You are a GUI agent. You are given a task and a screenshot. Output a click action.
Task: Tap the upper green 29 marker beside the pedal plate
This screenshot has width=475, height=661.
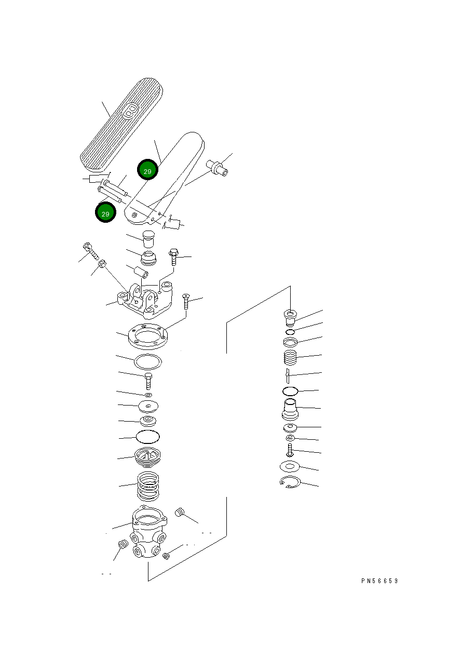click(147, 170)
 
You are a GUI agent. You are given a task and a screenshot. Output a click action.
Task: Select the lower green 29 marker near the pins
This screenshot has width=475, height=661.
click(105, 212)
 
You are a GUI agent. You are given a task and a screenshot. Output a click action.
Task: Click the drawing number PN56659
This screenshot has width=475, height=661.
click(379, 581)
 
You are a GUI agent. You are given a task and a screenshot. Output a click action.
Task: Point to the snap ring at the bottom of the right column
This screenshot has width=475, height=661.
click(290, 482)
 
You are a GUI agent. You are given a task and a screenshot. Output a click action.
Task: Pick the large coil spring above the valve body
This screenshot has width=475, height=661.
click(148, 486)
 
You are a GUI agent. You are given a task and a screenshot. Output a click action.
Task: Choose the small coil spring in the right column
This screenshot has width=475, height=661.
click(290, 358)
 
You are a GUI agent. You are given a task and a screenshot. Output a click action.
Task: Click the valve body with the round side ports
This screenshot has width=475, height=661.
click(148, 532)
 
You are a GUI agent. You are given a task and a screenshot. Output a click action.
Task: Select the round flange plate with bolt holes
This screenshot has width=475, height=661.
click(148, 336)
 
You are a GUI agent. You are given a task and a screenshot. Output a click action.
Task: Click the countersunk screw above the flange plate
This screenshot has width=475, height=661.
click(186, 301)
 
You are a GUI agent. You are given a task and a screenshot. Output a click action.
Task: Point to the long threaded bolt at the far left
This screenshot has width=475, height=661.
click(91, 251)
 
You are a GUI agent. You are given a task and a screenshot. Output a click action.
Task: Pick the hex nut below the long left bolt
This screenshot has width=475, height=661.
click(102, 263)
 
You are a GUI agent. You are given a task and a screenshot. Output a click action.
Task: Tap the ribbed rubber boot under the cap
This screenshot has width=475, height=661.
click(148, 258)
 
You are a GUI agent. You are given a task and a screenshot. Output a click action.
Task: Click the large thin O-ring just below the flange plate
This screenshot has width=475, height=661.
click(148, 362)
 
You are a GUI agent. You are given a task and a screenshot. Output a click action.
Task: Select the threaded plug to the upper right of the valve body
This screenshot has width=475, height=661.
click(180, 512)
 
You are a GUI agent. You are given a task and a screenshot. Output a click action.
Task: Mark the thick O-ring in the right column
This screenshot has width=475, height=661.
click(290, 392)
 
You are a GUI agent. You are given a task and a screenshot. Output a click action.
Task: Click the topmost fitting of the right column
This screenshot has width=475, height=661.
click(290, 317)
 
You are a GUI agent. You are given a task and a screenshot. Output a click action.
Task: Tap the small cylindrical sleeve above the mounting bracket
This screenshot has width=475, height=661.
click(141, 272)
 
